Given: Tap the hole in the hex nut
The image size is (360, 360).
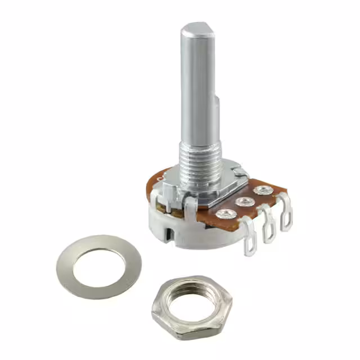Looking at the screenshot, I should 191,304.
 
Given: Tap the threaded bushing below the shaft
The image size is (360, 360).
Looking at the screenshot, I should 200,163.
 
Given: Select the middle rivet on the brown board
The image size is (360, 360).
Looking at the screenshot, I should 244,201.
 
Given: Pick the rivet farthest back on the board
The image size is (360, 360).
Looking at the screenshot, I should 261,191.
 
